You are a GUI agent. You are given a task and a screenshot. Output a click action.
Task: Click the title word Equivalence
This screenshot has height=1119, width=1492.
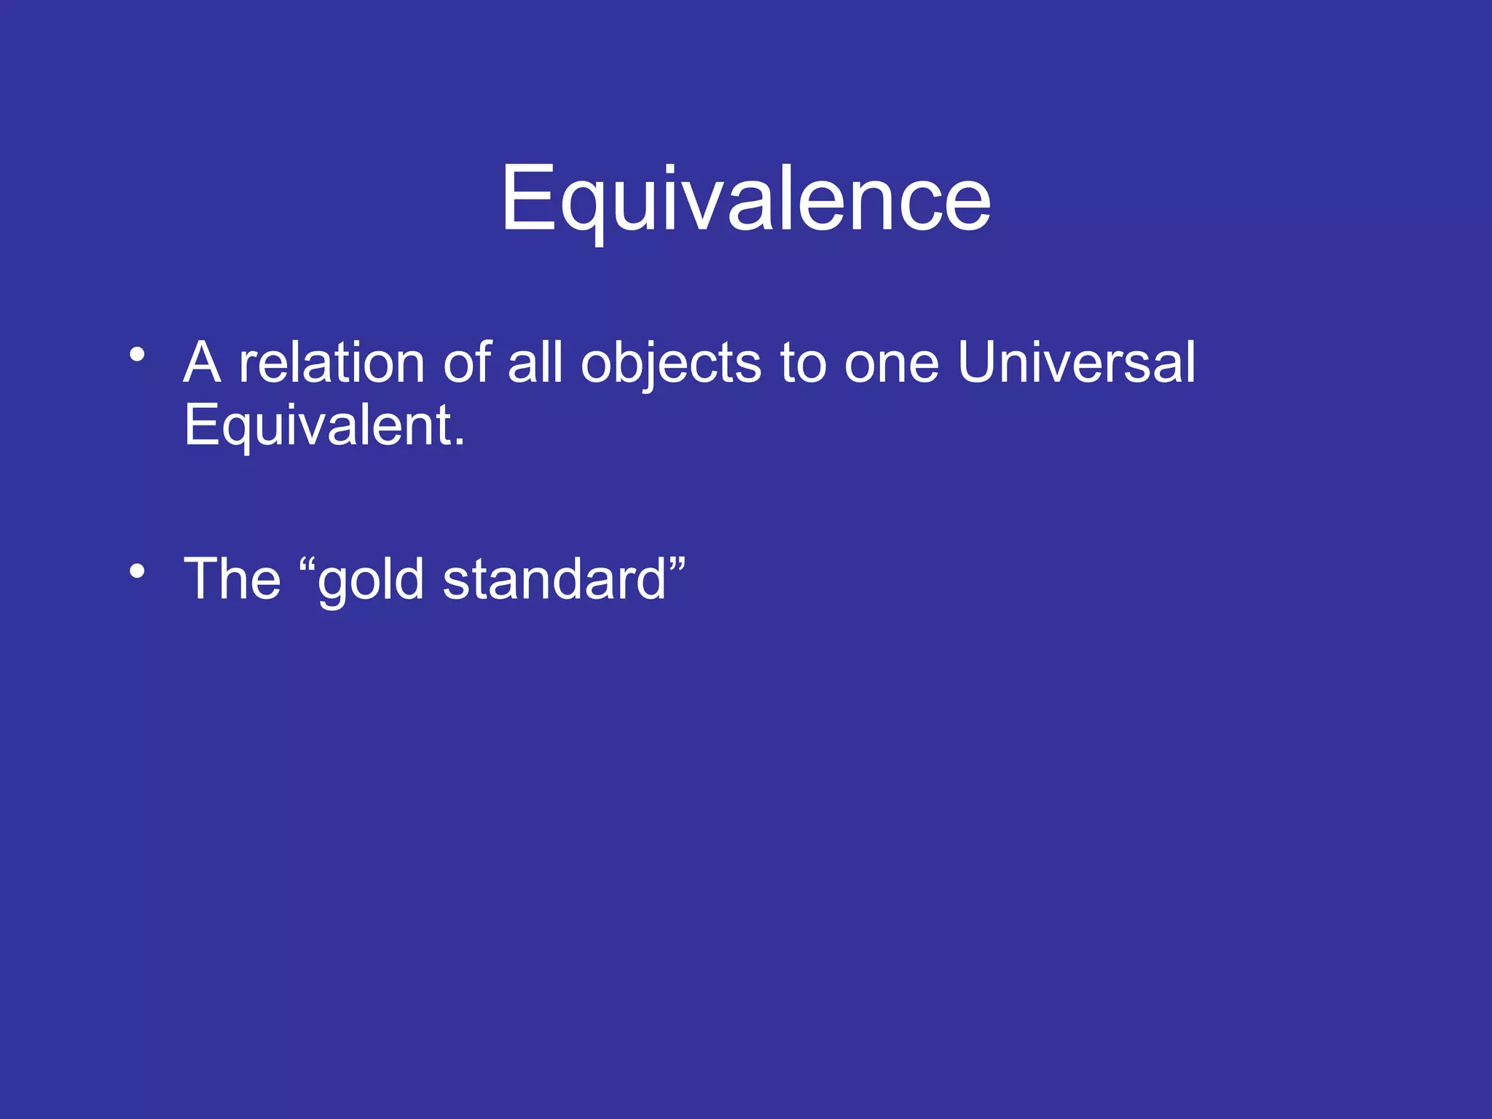(745, 198)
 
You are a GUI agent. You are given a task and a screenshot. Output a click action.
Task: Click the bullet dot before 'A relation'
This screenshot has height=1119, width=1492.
(137, 356)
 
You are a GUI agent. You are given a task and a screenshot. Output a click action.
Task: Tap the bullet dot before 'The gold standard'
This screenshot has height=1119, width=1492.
(137, 571)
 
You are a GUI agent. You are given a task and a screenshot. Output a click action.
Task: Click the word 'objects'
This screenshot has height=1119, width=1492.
(670, 364)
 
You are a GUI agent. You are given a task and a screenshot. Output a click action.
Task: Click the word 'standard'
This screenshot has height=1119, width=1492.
(554, 580)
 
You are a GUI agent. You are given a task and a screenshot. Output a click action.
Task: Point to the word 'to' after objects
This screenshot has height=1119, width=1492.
(803, 364)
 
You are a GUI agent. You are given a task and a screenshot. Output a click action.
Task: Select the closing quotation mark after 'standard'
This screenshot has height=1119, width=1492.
(677, 564)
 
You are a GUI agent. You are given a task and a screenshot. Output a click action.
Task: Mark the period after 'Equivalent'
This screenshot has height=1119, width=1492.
(459, 443)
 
